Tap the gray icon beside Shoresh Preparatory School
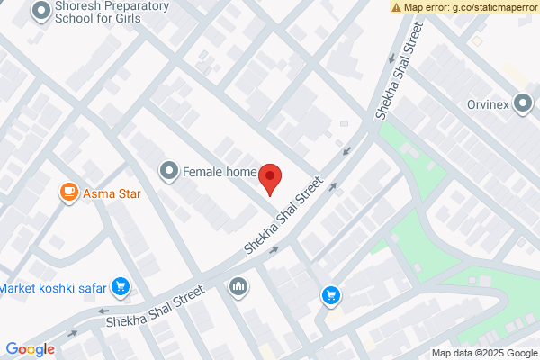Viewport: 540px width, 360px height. pos(40,12)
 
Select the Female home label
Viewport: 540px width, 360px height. pos(220,171)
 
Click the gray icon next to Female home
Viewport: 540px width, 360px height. pos(168,170)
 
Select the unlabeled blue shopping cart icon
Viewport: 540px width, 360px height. pos(331,294)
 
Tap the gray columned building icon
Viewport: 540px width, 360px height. pos(238,286)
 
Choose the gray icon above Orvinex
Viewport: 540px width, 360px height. pos(522,102)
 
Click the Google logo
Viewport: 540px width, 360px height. pos(30,349)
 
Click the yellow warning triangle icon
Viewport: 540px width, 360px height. pos(396,7)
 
